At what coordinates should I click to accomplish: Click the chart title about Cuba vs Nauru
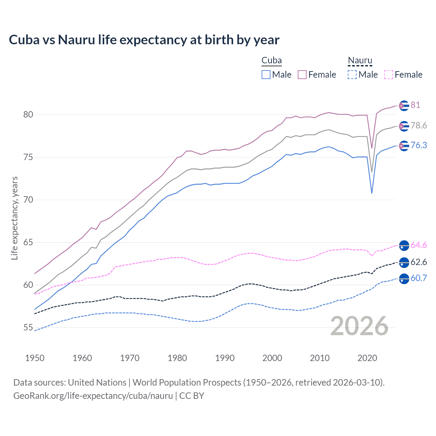click(144, 40)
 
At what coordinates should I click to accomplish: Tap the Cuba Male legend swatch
click(266, 75)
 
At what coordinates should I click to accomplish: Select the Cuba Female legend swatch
click(302, 75)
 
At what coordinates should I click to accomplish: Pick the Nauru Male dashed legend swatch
click(352, 75)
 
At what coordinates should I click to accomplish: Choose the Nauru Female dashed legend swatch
click(389, 75)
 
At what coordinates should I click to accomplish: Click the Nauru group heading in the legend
click(360, 61)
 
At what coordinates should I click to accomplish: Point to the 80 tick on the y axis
click(28, 114)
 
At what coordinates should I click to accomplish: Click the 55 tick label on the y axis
click(28, 328)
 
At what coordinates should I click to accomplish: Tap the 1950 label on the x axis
click(35, 358)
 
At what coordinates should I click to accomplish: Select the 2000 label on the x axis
click(272, 358)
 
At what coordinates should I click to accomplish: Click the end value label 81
click(415, 105)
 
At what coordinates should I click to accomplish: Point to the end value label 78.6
click(419, 126)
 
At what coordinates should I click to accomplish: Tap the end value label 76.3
click(419, 145)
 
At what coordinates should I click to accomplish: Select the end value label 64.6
click(419, 245)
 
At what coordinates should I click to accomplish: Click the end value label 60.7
click(419, 278)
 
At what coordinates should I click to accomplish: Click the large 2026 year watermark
click(359, 326)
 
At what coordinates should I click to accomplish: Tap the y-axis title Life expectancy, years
click(15, 218)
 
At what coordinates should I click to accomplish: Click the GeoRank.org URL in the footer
click(93, 396)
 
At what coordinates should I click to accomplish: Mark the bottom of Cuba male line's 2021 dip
click(372, 193)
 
